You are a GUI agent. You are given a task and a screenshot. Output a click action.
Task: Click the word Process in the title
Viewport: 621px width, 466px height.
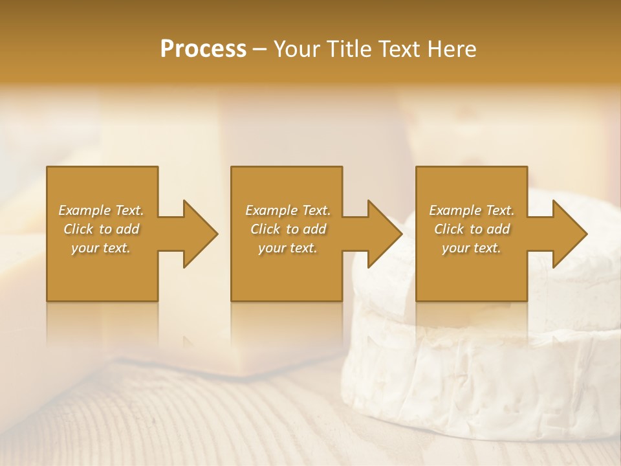click(203, 49)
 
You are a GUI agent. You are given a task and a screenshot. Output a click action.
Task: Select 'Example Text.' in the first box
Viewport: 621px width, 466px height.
click(101, 210)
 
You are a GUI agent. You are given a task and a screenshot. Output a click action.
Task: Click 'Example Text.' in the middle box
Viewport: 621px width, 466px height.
click(288, 210)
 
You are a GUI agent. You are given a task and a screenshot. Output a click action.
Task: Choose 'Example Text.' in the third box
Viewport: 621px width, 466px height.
click(472, 210)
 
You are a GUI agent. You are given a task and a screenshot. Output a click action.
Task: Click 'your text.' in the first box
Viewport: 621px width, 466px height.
click(101, 248)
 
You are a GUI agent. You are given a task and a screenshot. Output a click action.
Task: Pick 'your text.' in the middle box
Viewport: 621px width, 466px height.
click(288, 248)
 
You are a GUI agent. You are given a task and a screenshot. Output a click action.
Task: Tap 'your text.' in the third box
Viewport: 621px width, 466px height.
click(472, 248)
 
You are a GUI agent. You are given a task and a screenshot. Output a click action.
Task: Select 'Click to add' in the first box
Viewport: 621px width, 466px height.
click(101, 229)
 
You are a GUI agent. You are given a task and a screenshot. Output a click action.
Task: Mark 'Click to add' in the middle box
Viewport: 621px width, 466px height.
click(288, 229)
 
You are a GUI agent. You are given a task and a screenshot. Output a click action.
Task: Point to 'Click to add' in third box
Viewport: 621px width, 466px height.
click(472, 229)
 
